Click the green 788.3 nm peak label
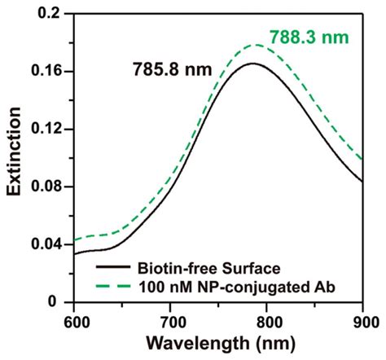(304, 35)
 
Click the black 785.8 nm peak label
(171, 70)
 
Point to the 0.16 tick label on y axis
(46, 72)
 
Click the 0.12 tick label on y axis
(46, 130)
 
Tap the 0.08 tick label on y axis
(46, 187)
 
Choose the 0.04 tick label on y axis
(46, 244)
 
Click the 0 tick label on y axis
(59, 301)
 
